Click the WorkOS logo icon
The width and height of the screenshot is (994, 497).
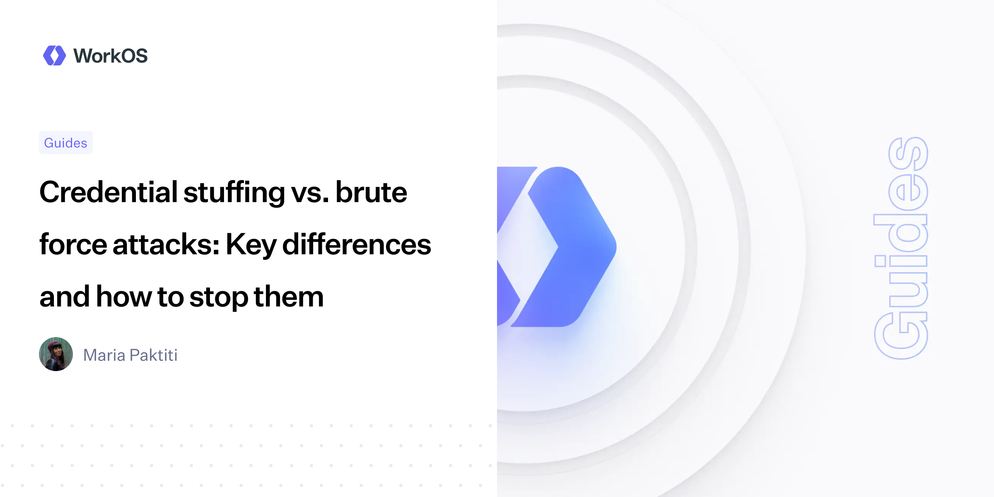coord(54,55)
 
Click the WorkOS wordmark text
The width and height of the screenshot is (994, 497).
coord(110,56)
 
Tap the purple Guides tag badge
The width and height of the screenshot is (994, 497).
coord(65,143)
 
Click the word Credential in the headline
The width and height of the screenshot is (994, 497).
coord(109,192)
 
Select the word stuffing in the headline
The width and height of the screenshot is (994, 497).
coord(234,193)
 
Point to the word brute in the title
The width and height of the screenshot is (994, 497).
coord(371,192)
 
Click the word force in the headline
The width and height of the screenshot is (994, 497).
coord(73,244)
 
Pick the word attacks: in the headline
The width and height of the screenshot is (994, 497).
coord(166,244)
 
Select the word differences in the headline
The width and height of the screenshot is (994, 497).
coord(357,244)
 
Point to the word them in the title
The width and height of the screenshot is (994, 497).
coord(289,297)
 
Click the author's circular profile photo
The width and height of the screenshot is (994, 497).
coord(56,354)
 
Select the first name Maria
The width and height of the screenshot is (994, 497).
coord(104,355)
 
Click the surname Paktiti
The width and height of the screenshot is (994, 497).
coord(154,355)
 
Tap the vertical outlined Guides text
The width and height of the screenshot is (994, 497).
coord(901,248)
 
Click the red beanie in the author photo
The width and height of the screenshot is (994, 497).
coord(55,345)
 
